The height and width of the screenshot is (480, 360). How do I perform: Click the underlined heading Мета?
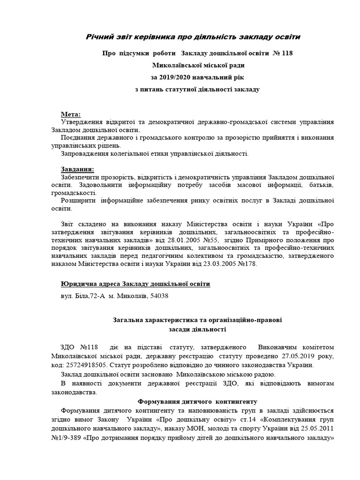click(x=71, y=114)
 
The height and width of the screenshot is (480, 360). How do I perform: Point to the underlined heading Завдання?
click(x=77, y=169)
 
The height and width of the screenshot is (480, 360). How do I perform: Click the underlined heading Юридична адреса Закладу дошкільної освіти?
click(x=135, y=284)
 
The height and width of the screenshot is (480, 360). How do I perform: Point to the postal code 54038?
click(x=159, y=296)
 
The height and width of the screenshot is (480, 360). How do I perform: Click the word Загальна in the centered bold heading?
click(x=130, y=320)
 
